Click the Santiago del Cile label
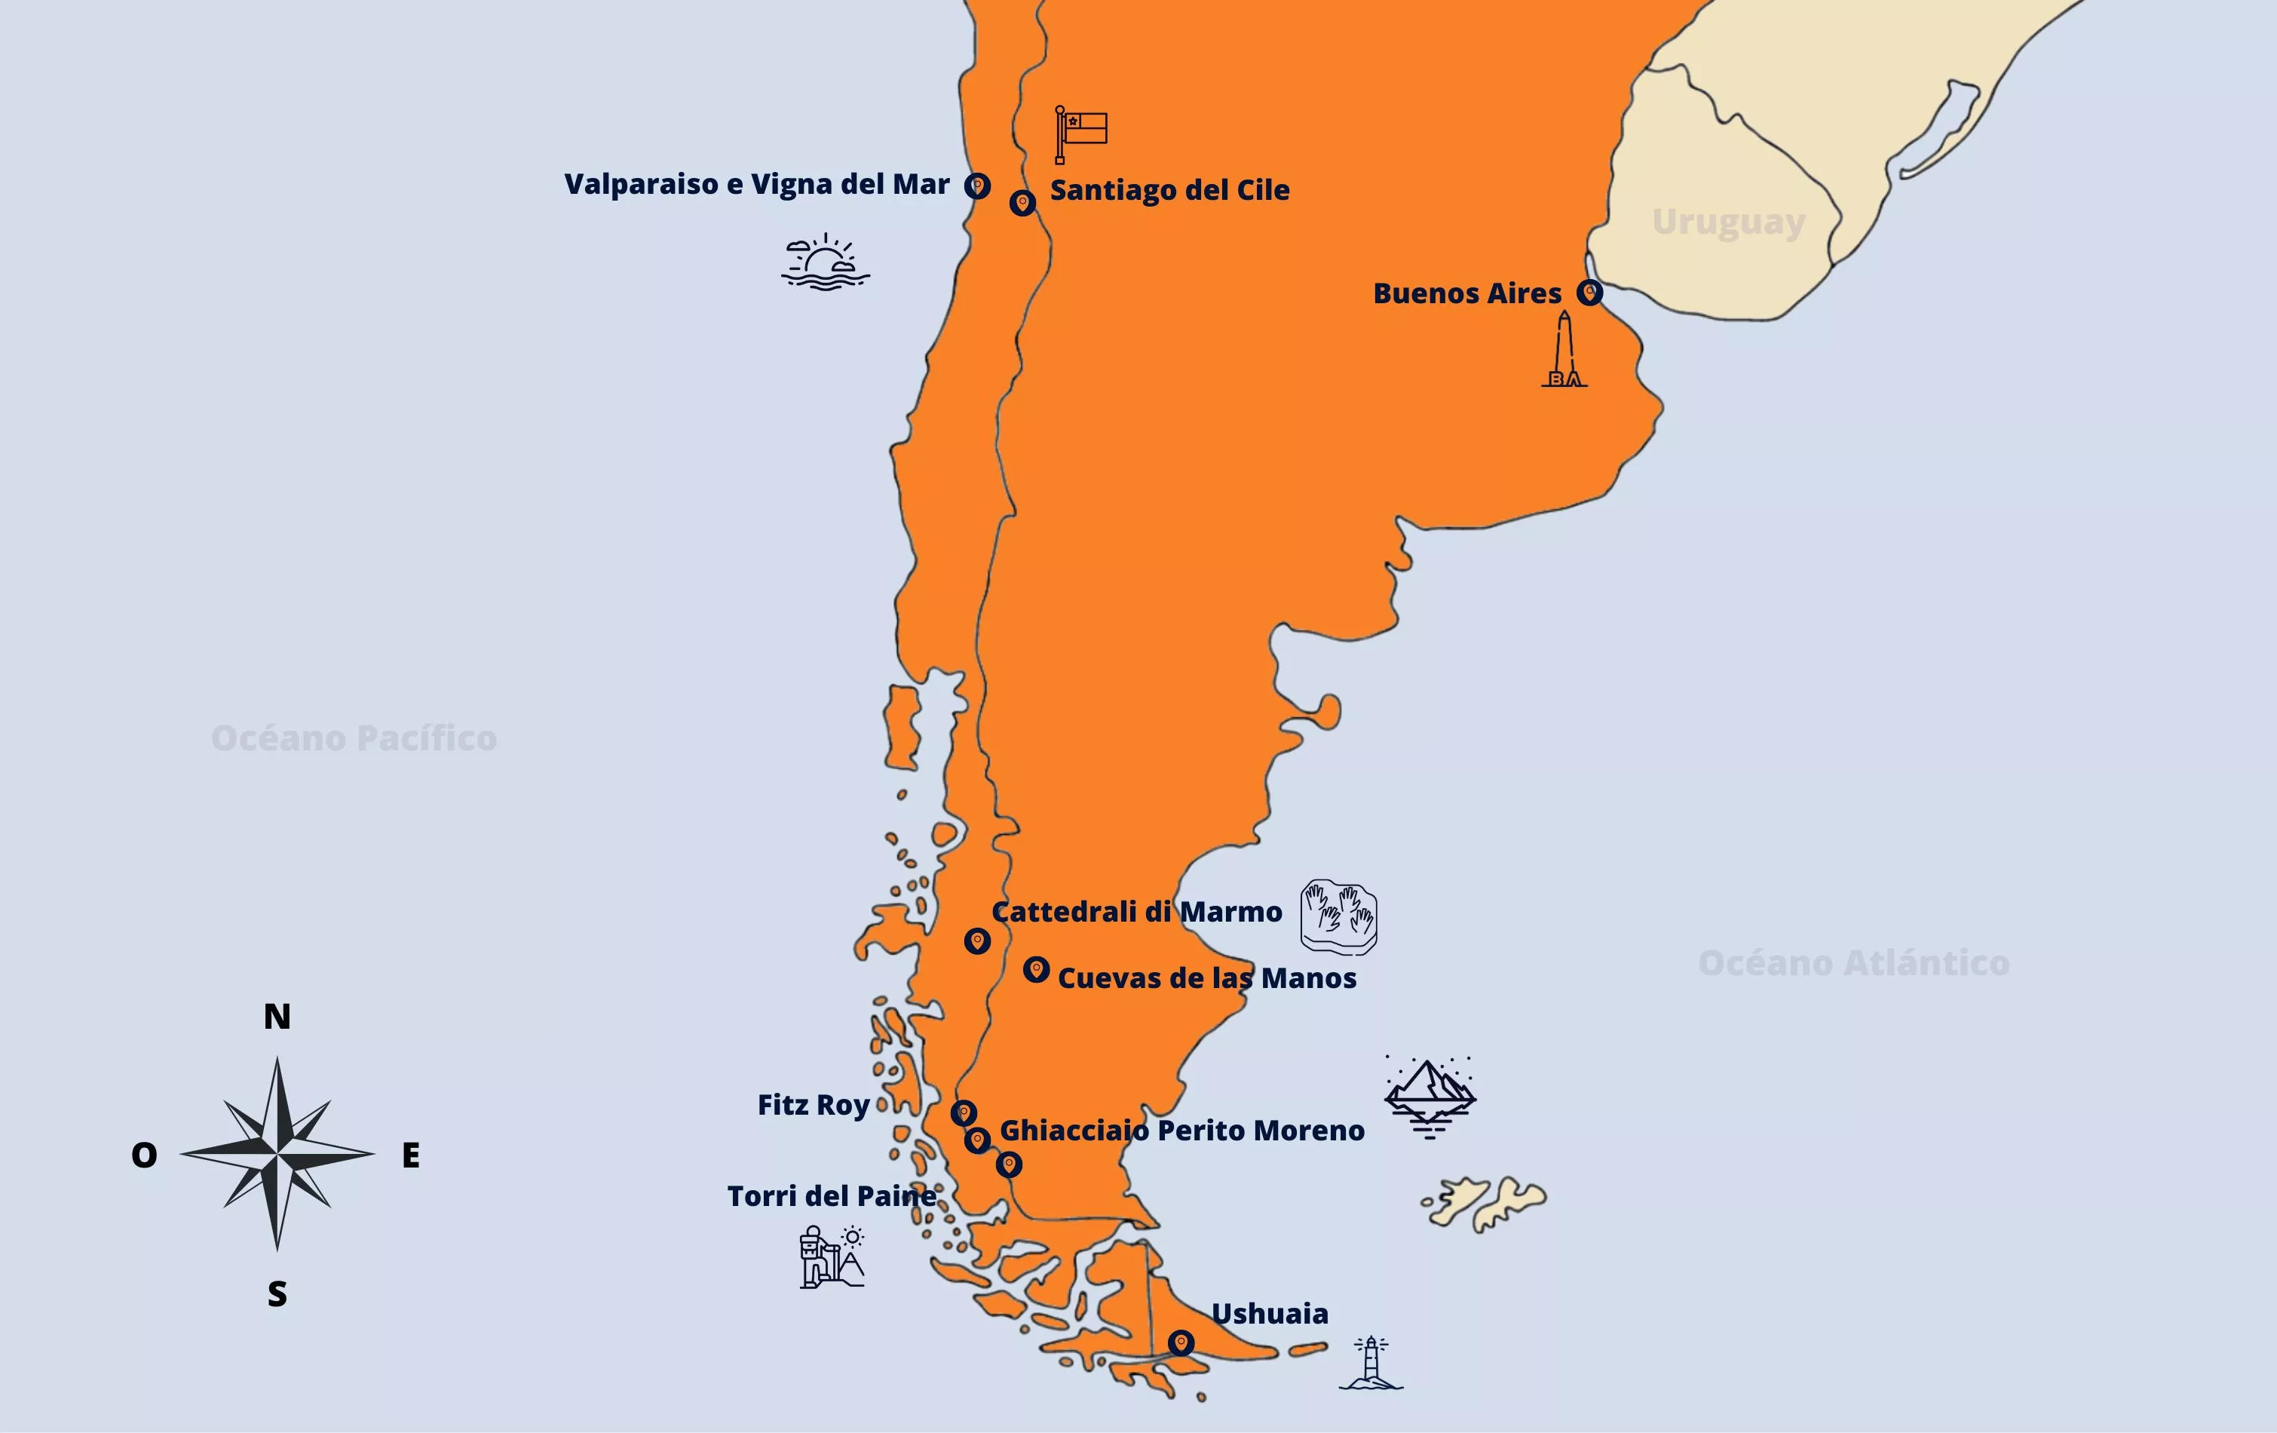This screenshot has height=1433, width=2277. tap(1169, 190)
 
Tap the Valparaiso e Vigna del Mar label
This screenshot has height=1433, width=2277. tap(756, 185)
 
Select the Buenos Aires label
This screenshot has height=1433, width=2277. tap(1466, 293)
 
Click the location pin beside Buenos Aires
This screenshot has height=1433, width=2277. tap(1589, 293)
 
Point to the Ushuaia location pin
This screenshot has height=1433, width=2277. tap(1180, 1342)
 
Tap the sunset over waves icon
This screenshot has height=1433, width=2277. tap(826, 262)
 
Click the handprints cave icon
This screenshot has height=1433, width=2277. tap(1338, 916)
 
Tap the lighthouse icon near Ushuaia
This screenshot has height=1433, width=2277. tap(1370, 1363)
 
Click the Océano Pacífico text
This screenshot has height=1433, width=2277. tap(354, 738)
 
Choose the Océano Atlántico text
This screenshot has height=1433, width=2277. tap(1853, 963)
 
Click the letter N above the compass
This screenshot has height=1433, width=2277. tap(277, 1017)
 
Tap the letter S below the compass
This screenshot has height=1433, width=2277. tap(277, 1294)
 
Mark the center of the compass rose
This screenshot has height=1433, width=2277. tap(277, 1154)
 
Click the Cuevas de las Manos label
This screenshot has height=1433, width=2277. tap(1206, 978)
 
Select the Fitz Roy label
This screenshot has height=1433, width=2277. tap(814, 1105)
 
